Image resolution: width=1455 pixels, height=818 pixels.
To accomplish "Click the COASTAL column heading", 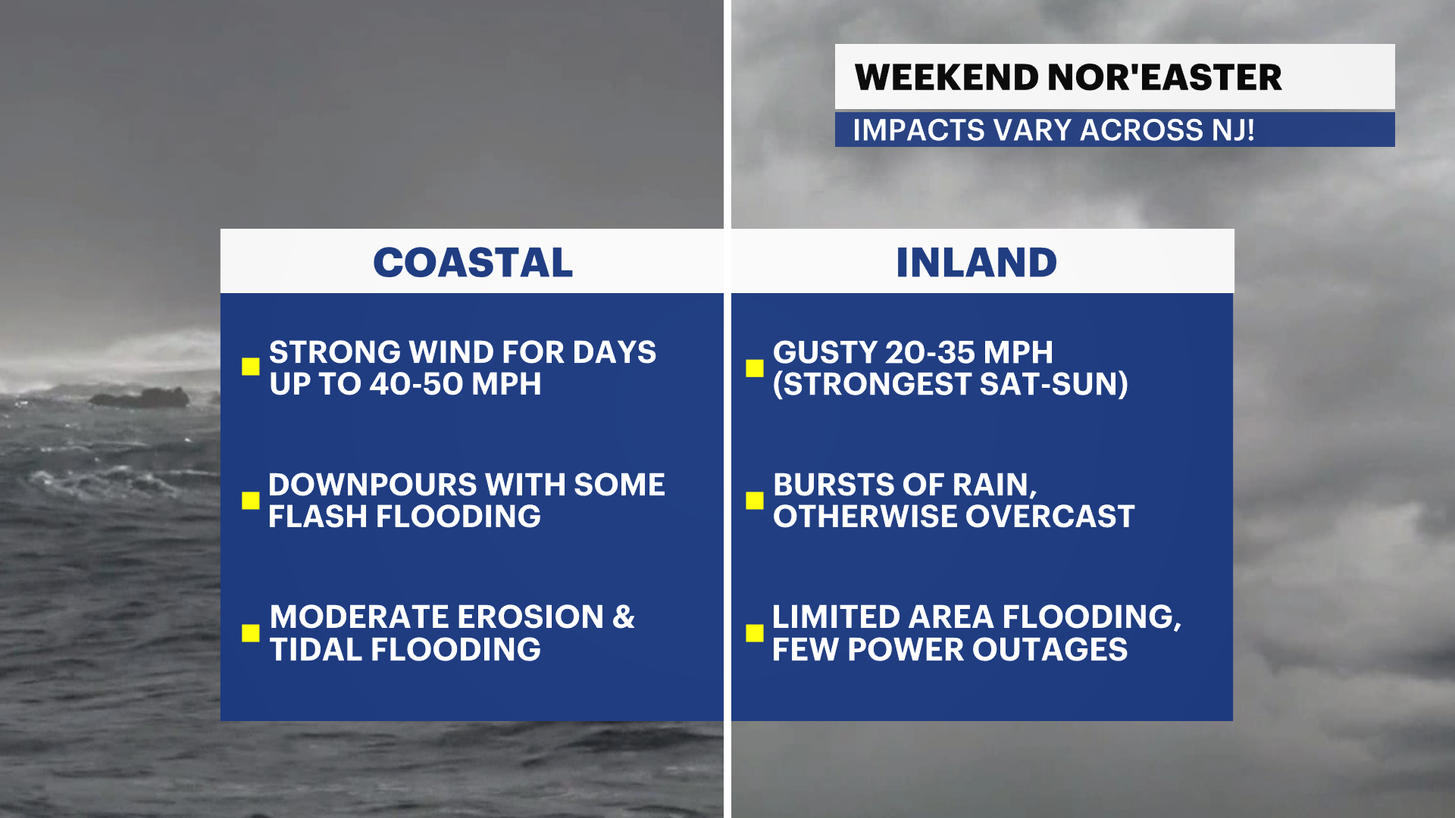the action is point(473,263).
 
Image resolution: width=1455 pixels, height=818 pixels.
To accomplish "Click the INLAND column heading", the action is point(976,263).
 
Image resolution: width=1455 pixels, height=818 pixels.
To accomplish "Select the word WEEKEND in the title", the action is point(947,77).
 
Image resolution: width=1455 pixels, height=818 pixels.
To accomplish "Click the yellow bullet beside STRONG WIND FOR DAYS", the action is point(251,367).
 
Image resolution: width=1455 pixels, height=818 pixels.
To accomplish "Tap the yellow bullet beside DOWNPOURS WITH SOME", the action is point(251,501).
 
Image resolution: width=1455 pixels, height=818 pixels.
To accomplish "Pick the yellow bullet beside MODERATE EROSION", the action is point(251,633).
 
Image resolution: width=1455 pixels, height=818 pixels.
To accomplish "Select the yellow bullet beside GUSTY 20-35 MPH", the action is point(755,368).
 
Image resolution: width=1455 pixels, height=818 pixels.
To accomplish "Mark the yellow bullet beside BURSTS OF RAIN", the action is point(755,501).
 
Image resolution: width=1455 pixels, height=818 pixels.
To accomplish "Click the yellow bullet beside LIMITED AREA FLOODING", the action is point(755,633).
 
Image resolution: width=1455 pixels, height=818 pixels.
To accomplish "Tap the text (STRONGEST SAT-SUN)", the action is point(950,384).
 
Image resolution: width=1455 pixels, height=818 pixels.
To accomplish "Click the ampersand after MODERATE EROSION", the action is point(624,617).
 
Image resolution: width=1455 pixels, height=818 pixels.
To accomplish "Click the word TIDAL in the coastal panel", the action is point(315,650).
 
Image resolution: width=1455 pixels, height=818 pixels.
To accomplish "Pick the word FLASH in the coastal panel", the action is point(318,517).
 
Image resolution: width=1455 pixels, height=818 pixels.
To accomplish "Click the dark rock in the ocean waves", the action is point(141,397).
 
